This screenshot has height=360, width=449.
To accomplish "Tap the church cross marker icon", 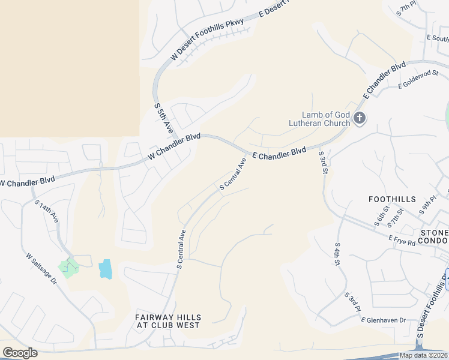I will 360,118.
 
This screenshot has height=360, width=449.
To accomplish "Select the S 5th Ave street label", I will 163,118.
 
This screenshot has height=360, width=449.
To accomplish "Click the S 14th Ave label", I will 46,213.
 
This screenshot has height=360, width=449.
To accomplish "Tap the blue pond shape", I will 105,268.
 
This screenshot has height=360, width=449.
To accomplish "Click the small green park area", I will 68,267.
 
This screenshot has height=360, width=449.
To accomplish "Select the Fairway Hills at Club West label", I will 167,321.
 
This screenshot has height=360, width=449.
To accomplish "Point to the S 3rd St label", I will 324,163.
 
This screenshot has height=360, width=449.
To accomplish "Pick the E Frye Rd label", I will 402,241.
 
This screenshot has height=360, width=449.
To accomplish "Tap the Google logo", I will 20,353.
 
